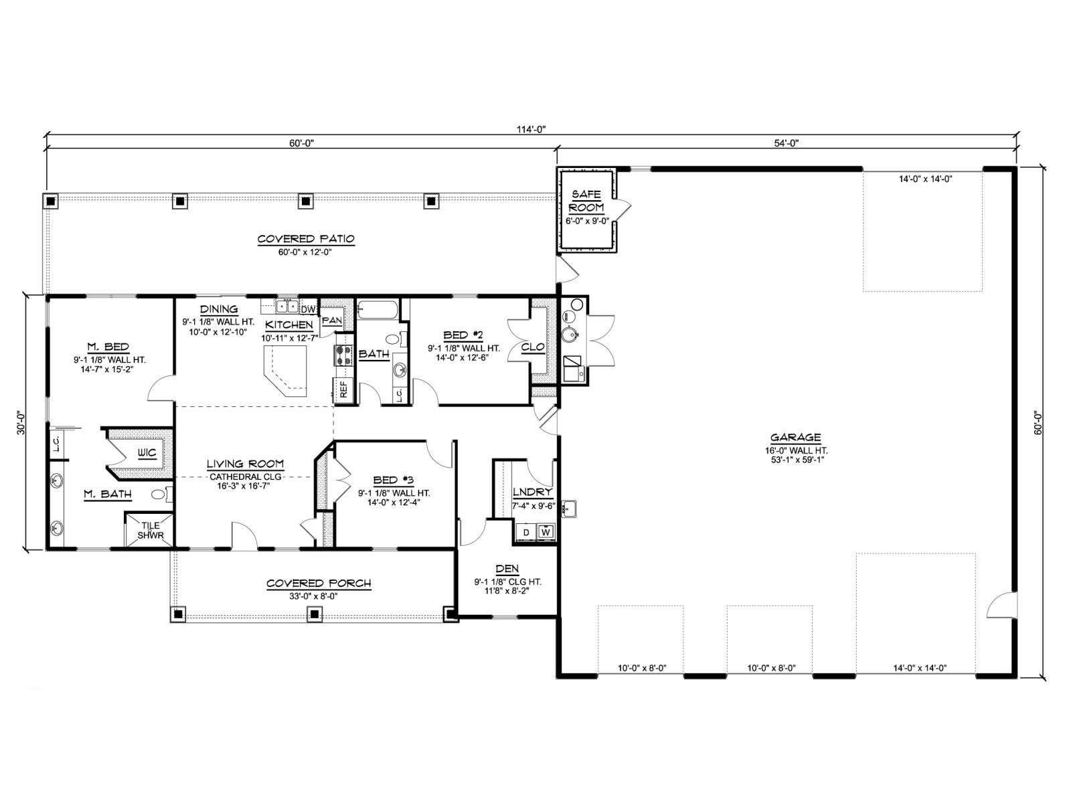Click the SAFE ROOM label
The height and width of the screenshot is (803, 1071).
pyautogui.click(x=586, y=201)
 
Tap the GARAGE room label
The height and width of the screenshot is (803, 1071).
pyautogui.click(x=796, y=438)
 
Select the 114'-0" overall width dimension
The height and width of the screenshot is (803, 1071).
pyautogui.click(x=531, y=129)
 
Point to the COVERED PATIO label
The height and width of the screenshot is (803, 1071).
pyautogui.click(x=306, y=239)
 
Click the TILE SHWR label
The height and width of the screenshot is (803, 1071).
pyautogui.click(x=151, y=531)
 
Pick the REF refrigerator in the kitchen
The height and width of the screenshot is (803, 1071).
pyautogui.click(x=343, y=389)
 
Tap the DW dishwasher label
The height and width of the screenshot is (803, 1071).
pyautogui.click(x=307, y=310)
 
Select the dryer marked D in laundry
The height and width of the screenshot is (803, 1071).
pyautogui.click(x=526, y=532)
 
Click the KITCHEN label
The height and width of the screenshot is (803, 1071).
pyautogui.click(x=289, y=325)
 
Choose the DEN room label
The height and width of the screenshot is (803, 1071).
pyautogui.click(x=507, y=569)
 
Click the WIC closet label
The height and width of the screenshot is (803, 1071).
pyautogui.click(x=147, y=453)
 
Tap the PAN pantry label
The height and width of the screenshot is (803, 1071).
pyautogui.click(x=332, y=321)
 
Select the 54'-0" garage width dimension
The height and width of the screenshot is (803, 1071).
pyautogui.click(x=786, y=143)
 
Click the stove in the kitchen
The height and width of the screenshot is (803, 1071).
pyautogui.click(x=343, y=355)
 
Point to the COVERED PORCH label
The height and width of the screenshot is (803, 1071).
pyautogui.click(x=319, y=584)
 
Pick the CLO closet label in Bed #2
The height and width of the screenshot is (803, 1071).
pyautogui.click(x=533, y=347)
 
